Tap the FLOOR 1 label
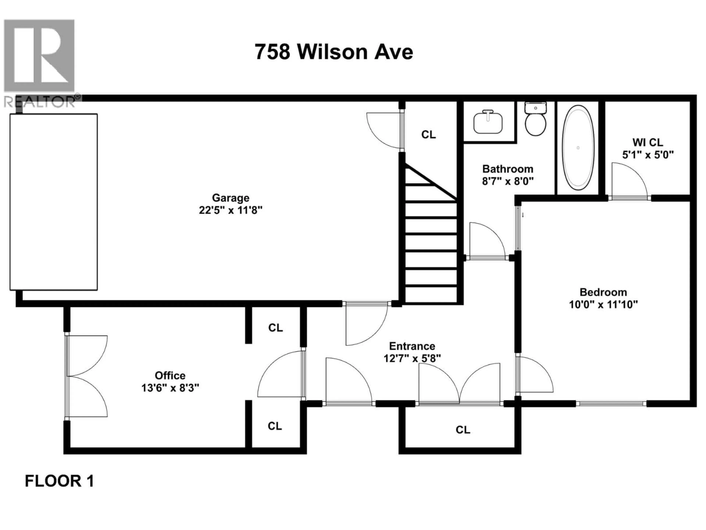click(59, 481)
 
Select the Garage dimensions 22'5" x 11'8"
click(230, 210)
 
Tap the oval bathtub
click(578, 148)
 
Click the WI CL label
click(648, 142)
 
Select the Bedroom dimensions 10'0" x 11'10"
click(603, 304)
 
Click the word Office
click(170, 375)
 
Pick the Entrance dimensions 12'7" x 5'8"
click(412, 358)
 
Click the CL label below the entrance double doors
click(463, 430)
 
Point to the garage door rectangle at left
click(54, 202)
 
